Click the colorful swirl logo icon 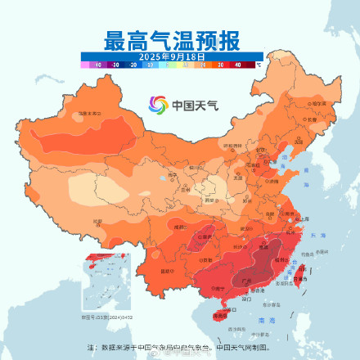[157, 105]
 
